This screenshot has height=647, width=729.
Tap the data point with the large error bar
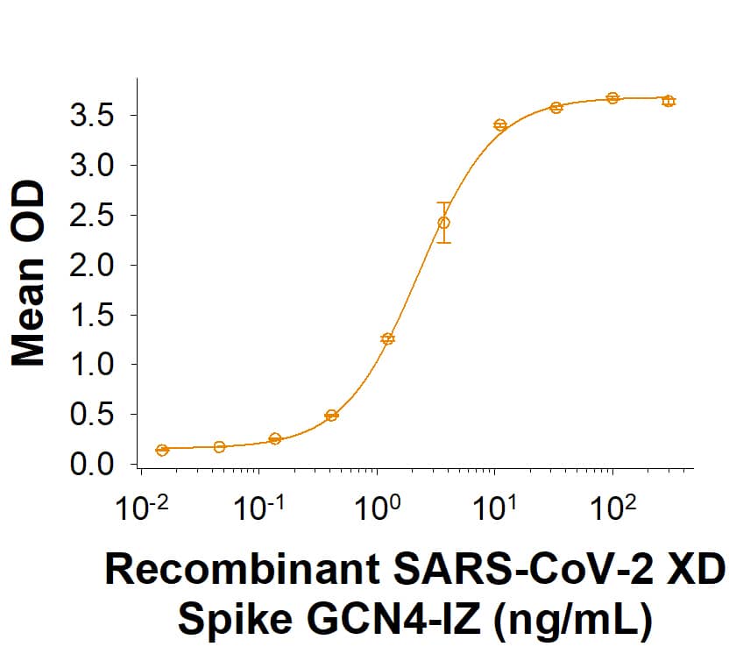444,223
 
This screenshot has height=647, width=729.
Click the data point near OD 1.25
387,338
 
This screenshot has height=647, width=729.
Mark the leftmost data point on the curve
162,450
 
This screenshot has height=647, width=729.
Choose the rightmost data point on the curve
669,102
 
